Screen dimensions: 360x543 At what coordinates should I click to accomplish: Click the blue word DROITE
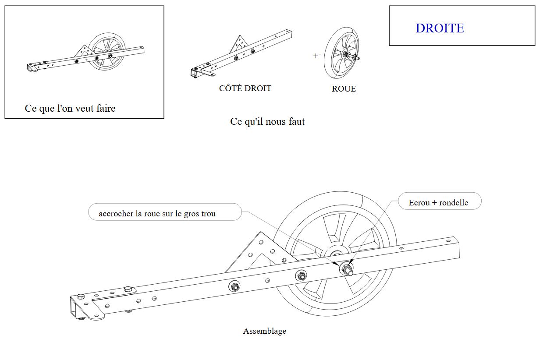coord(440,28)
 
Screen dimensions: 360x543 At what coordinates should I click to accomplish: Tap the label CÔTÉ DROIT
coord(245,88)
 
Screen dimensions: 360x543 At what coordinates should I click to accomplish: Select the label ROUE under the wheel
coord(344,89)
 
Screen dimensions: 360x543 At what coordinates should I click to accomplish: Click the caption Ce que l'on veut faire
coord(70,108)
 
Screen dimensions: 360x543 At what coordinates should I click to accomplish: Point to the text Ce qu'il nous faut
coord(267,121)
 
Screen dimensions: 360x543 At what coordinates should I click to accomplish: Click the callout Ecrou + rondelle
coord(438,202)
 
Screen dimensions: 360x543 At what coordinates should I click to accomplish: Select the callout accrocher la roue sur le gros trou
coord(157,214)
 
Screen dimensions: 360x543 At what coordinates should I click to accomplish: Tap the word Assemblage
coord(264,331)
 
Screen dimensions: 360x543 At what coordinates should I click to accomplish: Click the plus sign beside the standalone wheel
coord(316,56)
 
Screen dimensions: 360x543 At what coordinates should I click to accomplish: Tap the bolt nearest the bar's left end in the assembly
coord(81,296)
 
